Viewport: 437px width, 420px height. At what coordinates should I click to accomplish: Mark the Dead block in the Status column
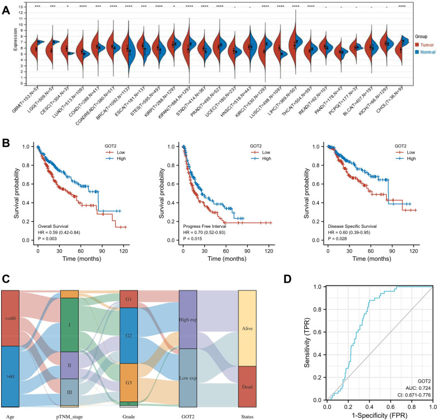point(247,386)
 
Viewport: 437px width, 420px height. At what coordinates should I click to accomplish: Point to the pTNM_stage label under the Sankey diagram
point(70,415)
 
